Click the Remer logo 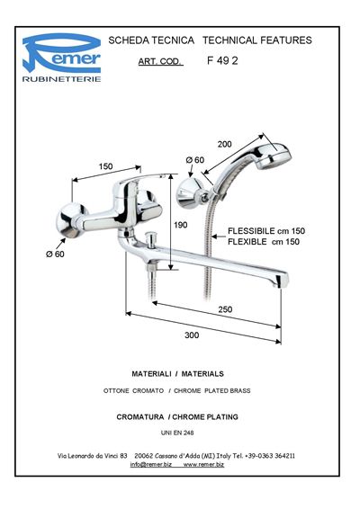click(x=61, y=58)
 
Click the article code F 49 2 click(x=222, y=61)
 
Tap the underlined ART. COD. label click(x=160, y=61)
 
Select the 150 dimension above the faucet click(x=105, y=166)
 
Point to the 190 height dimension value click(x=181, y=225)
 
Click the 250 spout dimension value click(x=225, y=309)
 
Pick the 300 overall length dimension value click(x=192, y=335)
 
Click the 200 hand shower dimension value click(x=224, y=144)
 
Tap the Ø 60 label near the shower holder click(x=195, y=160)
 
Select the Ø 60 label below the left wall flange click(x=55, y=254)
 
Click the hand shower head click(x=274, y=156)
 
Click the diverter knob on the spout click(x=150, y=239)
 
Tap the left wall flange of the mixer click(x=70, y=220)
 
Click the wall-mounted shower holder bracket click(x=190, y=193)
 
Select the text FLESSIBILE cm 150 click(x=266, y=231)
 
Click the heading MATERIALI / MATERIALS click(x=177, y=373)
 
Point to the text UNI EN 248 click(x=177, y=433)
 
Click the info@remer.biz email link click(x=151, y=465)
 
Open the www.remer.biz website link click(x=203, y=465)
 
